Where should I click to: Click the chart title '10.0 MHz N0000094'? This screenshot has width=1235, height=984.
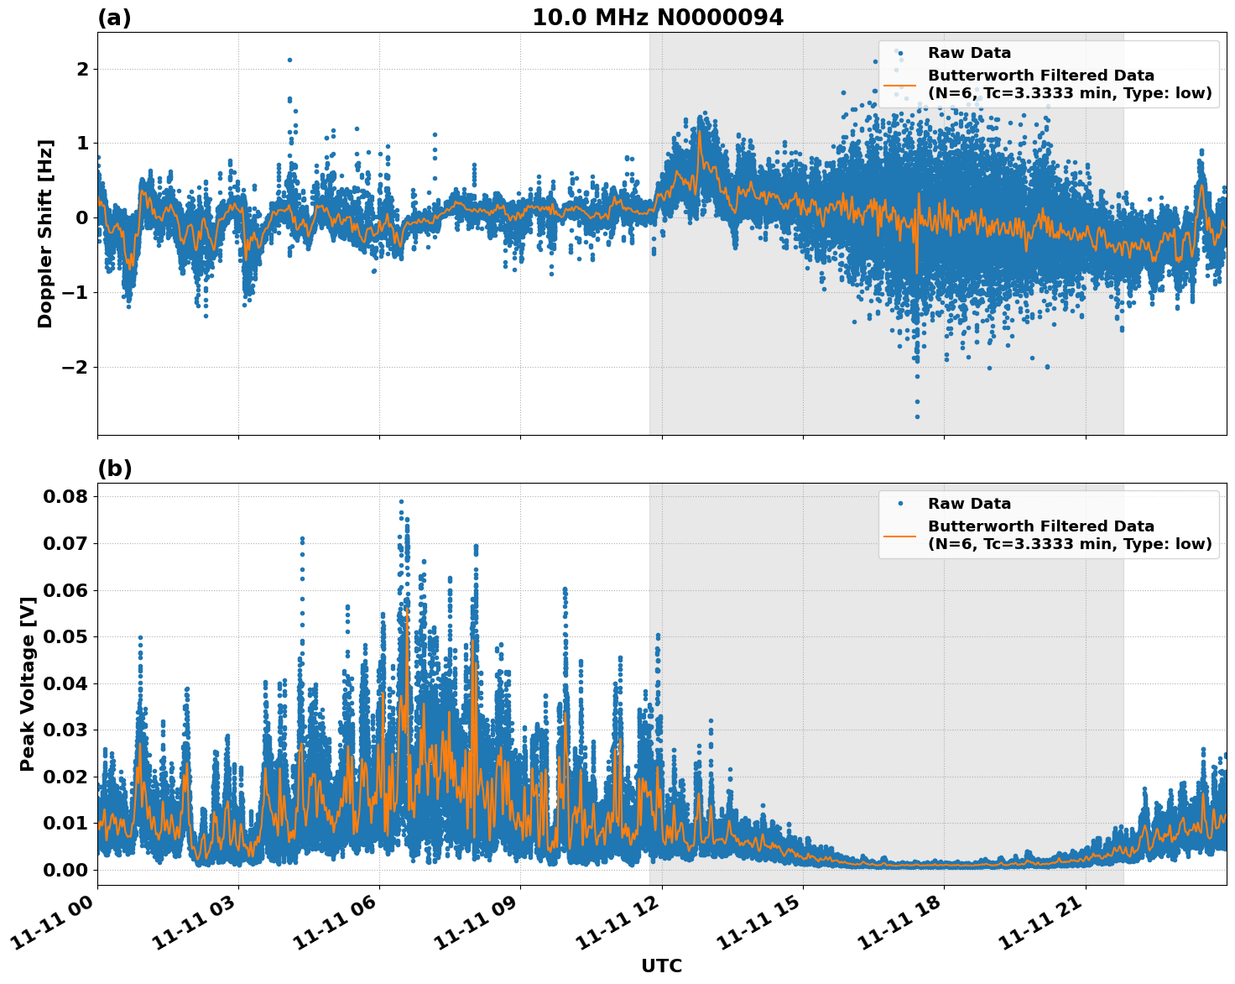[x=658, y=18]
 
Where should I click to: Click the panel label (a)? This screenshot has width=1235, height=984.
[x=114, y=18]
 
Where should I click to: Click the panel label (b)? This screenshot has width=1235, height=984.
[x=115, y=468]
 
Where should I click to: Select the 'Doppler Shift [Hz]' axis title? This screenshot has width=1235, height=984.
[x=45, y=233]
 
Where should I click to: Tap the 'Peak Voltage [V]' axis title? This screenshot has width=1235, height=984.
[x=28, y=683]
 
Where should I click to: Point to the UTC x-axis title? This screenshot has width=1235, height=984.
[x=661, y=966]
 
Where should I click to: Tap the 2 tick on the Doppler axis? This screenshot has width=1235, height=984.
[x=81, y=69]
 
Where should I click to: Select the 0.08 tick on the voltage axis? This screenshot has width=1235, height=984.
[x=65, y=496]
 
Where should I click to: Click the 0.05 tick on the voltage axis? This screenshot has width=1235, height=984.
[x=65, y=636]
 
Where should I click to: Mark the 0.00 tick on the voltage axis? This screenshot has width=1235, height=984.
[x=65, y=870]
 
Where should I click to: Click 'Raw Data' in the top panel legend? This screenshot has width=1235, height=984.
[x=969, y=53]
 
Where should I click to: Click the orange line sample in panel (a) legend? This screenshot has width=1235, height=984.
[x=900, y=84]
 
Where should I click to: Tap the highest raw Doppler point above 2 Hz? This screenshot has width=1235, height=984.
[x=289, y=60]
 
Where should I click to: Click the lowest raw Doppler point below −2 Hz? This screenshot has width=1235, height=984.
[x=917, y=416]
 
